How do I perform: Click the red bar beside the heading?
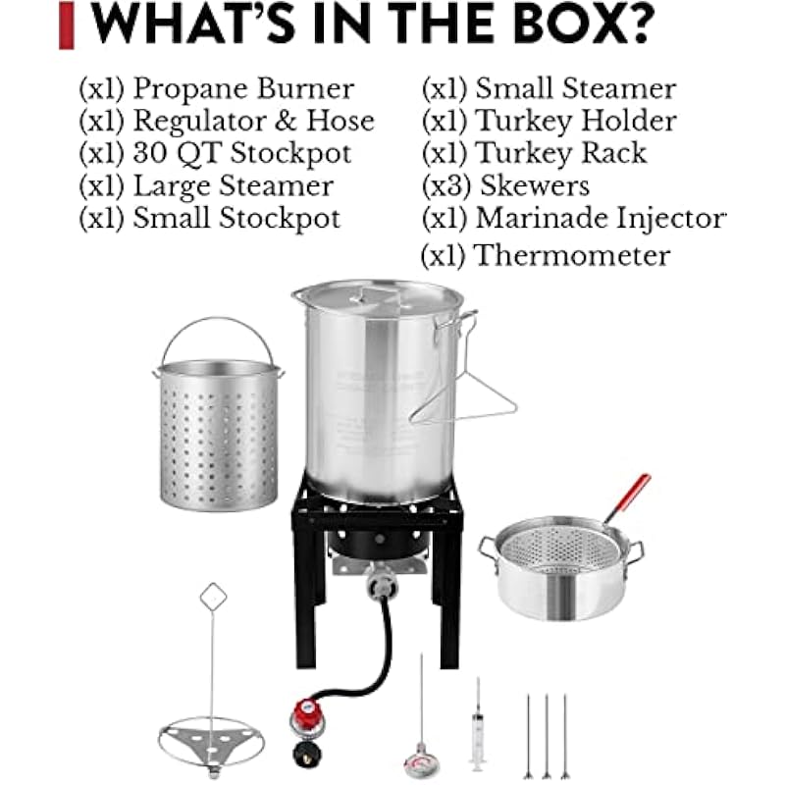[x=67, y=26]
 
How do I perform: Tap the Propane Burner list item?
[x=216, y=88]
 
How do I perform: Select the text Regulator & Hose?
[x=253, y=121]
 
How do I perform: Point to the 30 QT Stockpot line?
[x=215, y=153]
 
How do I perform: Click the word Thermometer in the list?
[x=572, y=255]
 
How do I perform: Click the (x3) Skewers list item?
[x=505, y=185]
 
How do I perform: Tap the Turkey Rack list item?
[x=534, y=153]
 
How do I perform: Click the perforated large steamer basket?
[x=218, y=435]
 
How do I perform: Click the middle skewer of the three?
[x=547, y=736]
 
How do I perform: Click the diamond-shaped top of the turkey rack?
[x=213, y=598]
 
